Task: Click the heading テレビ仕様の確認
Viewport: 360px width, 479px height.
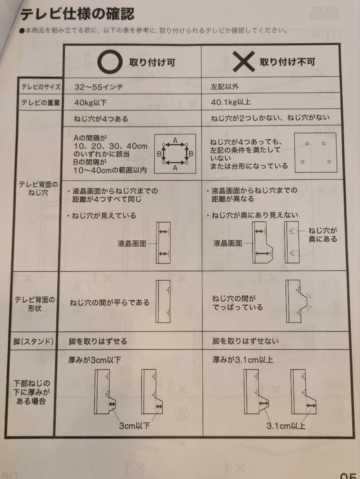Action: pyautogui.click(x=77, y=14)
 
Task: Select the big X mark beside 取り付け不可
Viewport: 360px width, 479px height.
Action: pyautogui.click(x=243, y=61)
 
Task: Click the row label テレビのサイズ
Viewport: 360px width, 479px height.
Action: pyautogui.click(x=41, y=87)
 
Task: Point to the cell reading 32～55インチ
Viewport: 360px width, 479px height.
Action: pyautogui.click(x=99, y=87)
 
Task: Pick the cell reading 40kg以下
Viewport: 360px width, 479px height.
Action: pyautogui.click(x=91, y=102)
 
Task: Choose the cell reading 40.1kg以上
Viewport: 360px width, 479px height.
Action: pyautogui.click(x=231, y=102)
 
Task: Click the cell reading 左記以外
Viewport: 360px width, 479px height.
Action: pyautogui.click(x=225, y=87)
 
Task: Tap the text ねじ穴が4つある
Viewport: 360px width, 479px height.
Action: pyautogui.click(x=101, y=119)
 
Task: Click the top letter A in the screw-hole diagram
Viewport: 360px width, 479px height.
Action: pyautogui.click(x=175, y=141)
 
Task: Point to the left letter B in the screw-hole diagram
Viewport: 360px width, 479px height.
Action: pyautogui.click(x=159, y=154)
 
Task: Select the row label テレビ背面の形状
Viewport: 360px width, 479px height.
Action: pyautogui.click(x=35, y=304)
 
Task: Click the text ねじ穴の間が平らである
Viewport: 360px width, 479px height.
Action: pyautogui.click(x=110, y=303)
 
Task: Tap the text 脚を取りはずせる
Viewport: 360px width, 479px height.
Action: pyautogui.click(x=98, y=341)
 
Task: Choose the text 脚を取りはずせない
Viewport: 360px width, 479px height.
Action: pyautogui.click(x=245, y=341)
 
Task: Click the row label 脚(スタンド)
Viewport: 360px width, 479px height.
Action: pyautogui.click(x=33, y=341)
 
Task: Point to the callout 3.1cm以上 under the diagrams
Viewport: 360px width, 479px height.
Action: pyautogui.click(x=286, y=425)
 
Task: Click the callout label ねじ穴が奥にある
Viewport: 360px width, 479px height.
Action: pyautogui.click(x=323, y=235)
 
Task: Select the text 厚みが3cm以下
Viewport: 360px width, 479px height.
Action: pyautogui.click(x=95, y=360)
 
